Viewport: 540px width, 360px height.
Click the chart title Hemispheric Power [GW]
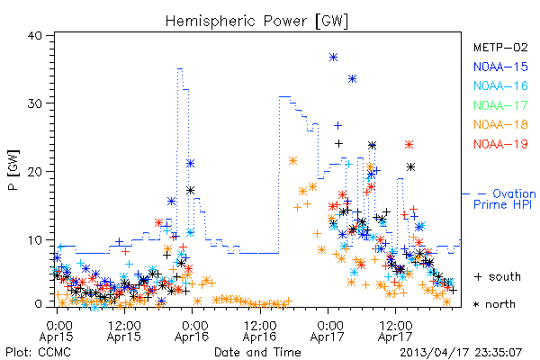(x=256, y=22)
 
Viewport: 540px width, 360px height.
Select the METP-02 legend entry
(x=500, y=47)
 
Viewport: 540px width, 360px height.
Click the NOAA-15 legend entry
(x=500, y=67)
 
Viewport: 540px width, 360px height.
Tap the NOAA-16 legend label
(x=500, y=85)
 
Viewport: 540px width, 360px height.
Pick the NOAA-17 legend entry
(x=500, y=105)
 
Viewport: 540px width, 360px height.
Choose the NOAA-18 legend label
(x=500, y=124)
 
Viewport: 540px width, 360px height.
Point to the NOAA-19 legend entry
(x=500, y=144)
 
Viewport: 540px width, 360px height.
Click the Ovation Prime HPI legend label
(x=504, y=199)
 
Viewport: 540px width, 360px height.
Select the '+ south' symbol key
(x=498, y=276)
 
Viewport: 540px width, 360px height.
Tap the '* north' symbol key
(x=494, y=304)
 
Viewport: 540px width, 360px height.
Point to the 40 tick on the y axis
(x=34, y=36)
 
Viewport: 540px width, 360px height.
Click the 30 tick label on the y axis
(x=34, y=103)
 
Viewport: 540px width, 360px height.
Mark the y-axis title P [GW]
(x=13, y=170)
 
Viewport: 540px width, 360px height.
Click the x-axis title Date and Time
(x=257, y=353)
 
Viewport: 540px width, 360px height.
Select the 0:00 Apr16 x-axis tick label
(x=192, y=331)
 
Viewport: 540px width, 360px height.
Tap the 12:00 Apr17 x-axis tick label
(x=395, y=331)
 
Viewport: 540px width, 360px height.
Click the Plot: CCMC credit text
(x=39, y=353)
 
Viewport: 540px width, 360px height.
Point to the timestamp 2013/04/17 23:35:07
(x=461, y=353)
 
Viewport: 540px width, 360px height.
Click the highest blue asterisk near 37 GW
(x=333, y=58)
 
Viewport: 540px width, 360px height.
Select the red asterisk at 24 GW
(x=409, y=144)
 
